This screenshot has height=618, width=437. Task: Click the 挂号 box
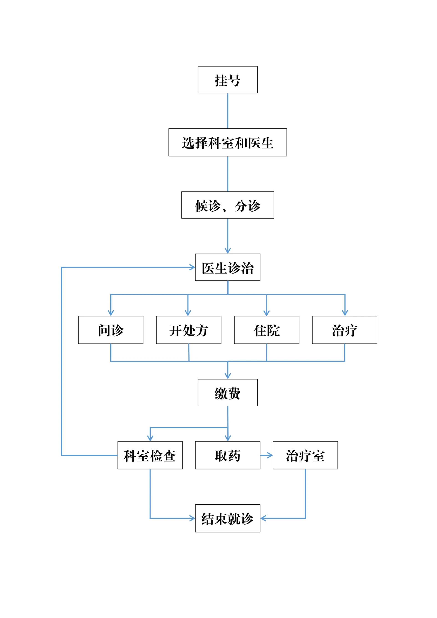tap(227, 80)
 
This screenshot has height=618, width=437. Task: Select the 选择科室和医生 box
tap(227, 142)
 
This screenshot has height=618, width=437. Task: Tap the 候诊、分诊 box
tap(227, 205)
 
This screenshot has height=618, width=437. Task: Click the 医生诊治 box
tap(227, 267)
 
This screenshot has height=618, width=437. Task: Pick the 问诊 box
tap(111, 330)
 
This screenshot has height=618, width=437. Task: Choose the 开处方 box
tap(188, 330)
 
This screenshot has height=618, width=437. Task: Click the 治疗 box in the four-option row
tap(344, 330)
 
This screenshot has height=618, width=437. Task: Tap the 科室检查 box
tap(150, 455)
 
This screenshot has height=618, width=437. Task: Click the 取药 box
tap(227, 455)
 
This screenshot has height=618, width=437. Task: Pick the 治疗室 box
tap(305, 455)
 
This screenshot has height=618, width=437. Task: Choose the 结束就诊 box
tap(227, 518)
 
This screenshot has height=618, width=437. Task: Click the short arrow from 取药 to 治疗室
tap(266, 455)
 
